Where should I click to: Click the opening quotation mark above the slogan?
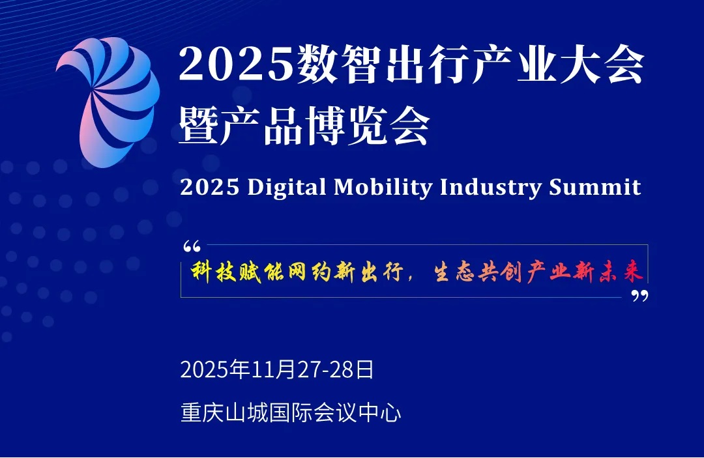coord(192,248)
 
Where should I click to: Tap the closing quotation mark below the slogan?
coord(640,296)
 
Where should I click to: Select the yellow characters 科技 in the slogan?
coord(215,272)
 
